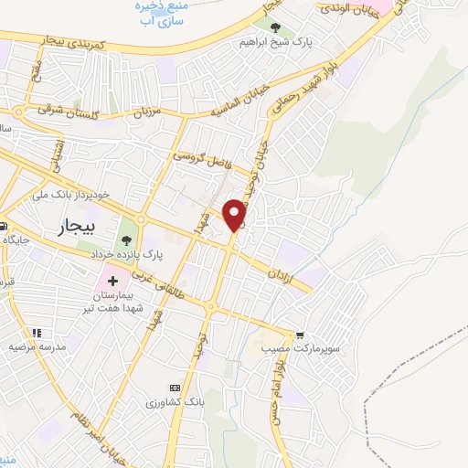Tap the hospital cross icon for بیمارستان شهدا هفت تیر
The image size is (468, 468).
pyautogui.click(x=112, y=279)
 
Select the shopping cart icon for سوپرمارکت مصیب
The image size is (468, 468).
pyautogui.click(x=298, y=335)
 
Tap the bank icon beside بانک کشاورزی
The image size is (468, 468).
pyautogui.click(x=175, y=388)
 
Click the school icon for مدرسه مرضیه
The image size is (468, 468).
pyautogui.click(x=37, y=334)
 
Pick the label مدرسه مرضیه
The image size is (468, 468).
pyautogui.click(x=37, y=348)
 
